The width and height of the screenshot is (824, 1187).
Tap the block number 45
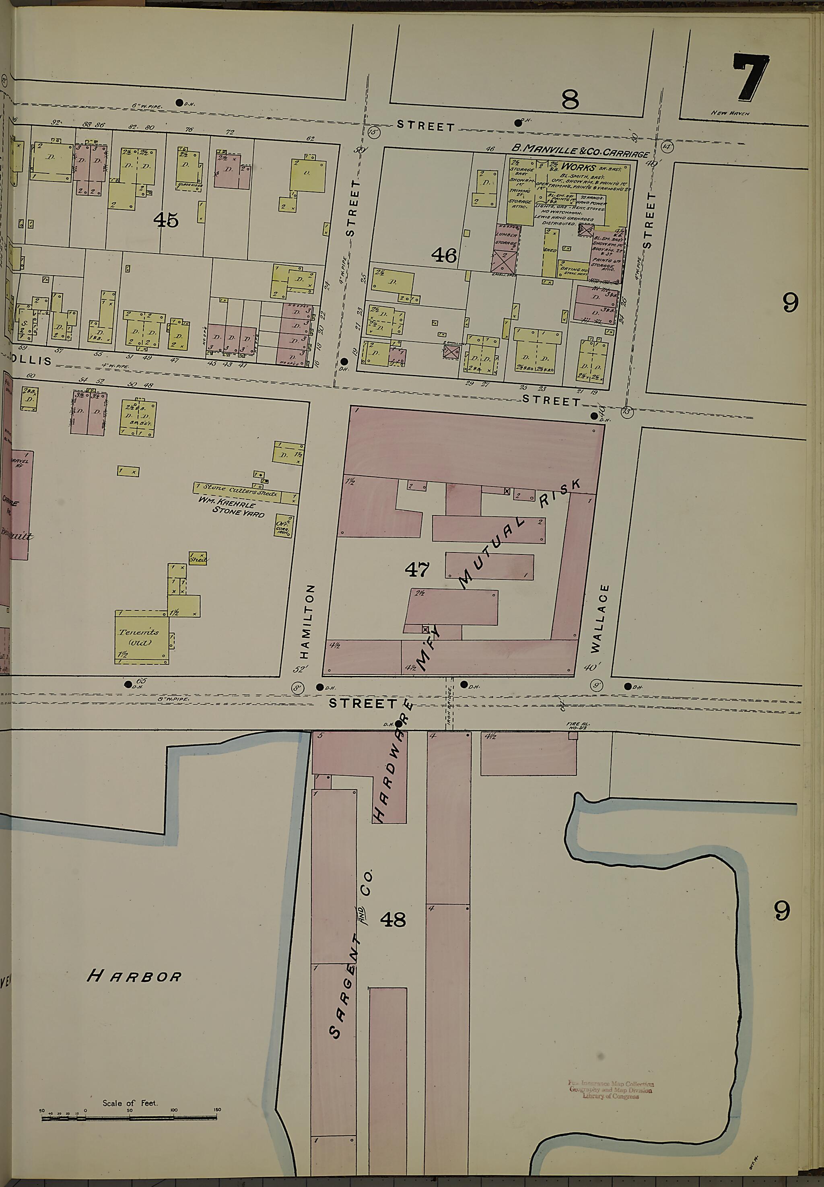[166, 221]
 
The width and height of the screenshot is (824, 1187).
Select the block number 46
[444, 255]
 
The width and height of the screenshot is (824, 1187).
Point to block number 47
[417, 569]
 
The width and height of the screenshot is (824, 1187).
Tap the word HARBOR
[134, 976]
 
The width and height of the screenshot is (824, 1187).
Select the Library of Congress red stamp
[611, 1090]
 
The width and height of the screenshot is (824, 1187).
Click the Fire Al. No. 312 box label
[578, 725]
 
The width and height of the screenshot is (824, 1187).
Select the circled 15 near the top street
[374, 132]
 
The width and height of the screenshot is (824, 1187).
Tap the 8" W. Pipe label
[173, 699]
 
